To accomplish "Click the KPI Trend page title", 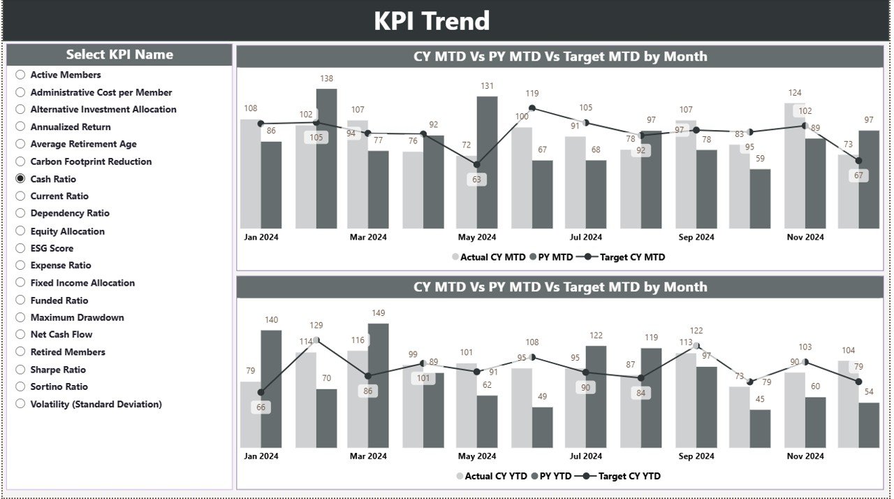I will point(432,21).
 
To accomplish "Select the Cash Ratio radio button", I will point(21,179).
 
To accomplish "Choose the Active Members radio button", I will point(21,75).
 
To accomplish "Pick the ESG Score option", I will point(21,248).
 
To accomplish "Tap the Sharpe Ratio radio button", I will point(21,370).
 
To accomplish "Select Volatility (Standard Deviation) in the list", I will point(21,404).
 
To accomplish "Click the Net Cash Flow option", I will point(21,335).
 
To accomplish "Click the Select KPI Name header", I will point(119,55).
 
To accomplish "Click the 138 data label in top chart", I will point(326,79).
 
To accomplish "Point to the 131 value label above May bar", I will point(487,87).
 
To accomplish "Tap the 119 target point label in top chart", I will point(532,94).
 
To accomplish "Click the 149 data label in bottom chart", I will point(378,313).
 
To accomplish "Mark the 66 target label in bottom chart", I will point(261,407).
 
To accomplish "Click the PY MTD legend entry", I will point(551,257).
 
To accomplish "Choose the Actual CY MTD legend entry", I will point(489,257).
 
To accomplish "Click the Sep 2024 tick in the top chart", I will point(695,237).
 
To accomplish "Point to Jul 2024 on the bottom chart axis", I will point(585,456).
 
